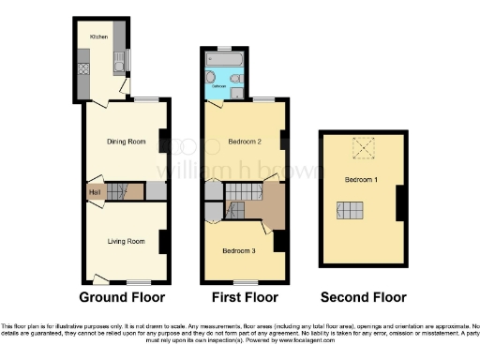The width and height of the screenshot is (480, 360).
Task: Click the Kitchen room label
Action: coord(98,36)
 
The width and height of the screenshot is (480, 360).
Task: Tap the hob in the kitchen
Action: coord(83,67)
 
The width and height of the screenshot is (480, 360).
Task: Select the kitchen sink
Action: coord(119,63)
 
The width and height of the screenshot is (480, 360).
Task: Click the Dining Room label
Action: coord(125,142)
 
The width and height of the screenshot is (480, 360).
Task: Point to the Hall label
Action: coord(95,193)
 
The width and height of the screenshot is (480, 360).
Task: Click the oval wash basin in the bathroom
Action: coord(235,78)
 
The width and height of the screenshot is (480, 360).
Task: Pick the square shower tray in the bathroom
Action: coord(236,92)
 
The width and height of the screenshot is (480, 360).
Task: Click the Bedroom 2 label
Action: coord(244,142)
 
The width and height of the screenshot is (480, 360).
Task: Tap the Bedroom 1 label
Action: coord(360,179)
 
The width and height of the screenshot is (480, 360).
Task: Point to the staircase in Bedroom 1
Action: coord(351,212)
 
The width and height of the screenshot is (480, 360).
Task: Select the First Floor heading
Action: coord(244,297)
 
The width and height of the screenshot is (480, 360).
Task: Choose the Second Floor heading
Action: coord(363,297)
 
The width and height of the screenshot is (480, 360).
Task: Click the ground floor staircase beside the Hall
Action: coord(117,191)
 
